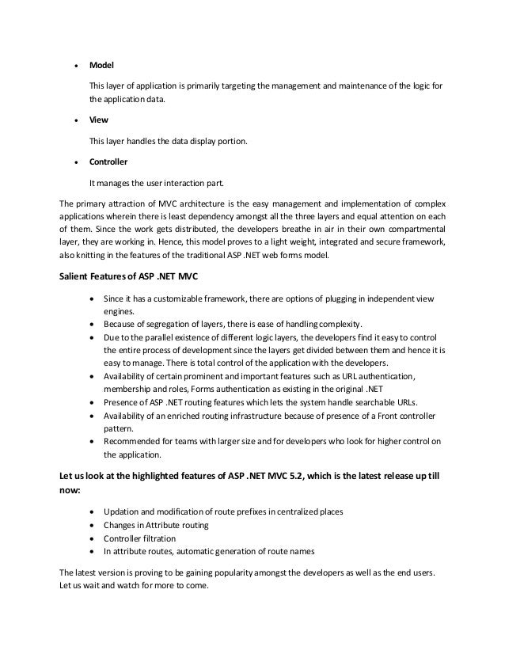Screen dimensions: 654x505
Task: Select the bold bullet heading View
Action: [x=98, y=123]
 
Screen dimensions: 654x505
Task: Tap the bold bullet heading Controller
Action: [x=108, y=162]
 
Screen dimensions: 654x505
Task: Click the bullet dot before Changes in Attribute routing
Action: [x=95, y=525]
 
